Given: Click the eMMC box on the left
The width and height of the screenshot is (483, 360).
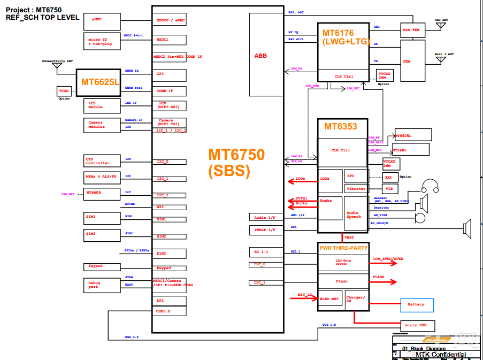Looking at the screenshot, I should pyautogui.click(x=102, y=19).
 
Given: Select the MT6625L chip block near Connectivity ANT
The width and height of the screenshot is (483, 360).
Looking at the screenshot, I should pyautogui.click(x=100, y=82).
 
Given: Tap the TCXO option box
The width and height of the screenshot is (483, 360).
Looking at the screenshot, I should pyautogui.click(x=64, y=91).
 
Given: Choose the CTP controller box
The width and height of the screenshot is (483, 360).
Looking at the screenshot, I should pyautogui.click(x=102, y=161).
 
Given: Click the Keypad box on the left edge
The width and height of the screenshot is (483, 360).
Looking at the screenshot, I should pyautogui.click(x=102, y=266).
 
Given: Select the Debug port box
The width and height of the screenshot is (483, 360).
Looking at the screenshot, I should pyautogui.click(x=102, y=285).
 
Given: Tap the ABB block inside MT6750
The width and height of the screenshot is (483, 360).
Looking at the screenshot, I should pyautogui.click(x=266, y=55).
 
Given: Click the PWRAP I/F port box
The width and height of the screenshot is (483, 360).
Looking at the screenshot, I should pyautogui.click(x=266, y=231).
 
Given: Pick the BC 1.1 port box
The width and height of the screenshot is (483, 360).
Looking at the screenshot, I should pyautogui.click(x=266, y=251).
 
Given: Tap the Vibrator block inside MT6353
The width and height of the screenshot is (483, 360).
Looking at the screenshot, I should pyautogui.click(x=356, y=188).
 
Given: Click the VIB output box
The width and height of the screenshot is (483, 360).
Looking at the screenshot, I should pyautogui.click(x=389, y=188).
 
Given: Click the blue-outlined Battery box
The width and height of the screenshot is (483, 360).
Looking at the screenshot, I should pyautogui.click(x=417, y=305).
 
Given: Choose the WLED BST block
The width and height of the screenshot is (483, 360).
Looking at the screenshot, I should pyautogui.click(x=329, y=299).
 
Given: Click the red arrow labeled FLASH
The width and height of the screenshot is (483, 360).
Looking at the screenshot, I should pyautogui.click(x=384, y=281).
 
